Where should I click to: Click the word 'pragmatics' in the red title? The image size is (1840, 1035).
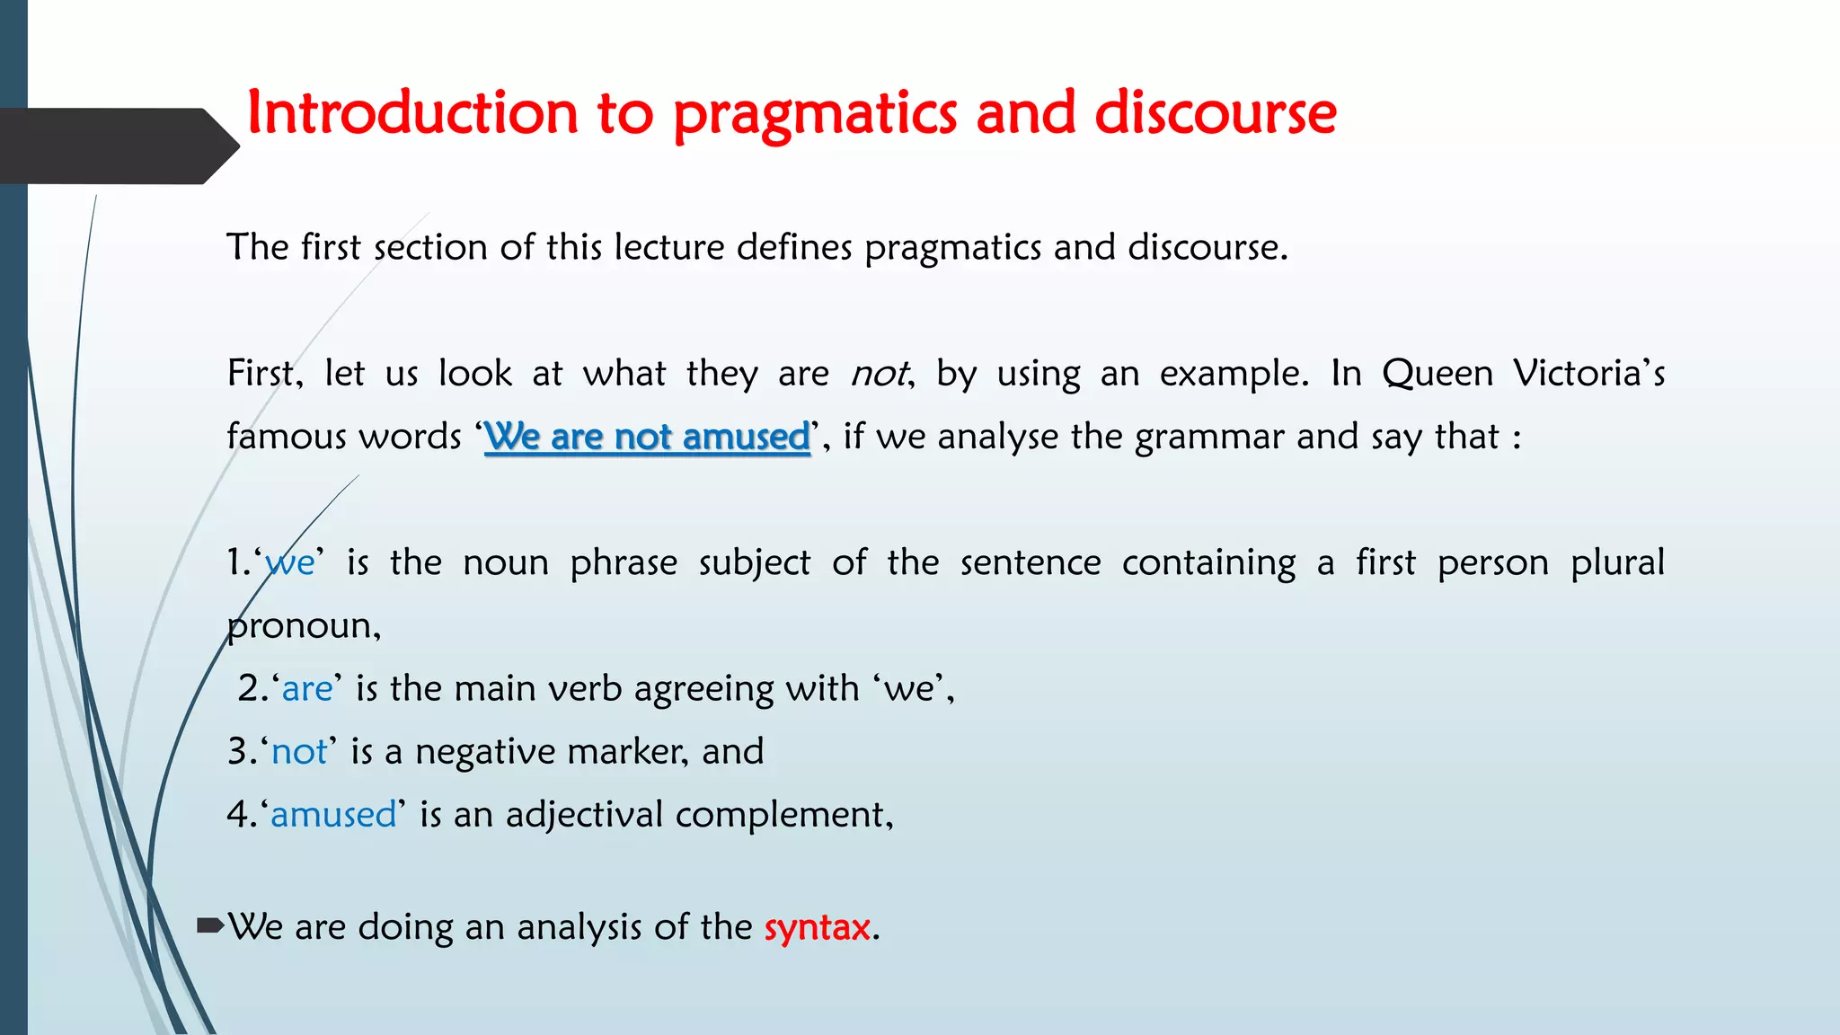[x=813, y=114]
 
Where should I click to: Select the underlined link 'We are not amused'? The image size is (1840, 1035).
[x=647, y=437]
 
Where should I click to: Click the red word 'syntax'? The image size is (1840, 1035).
[x=818, y=927]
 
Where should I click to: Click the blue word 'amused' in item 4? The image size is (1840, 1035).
[x=333, y=815]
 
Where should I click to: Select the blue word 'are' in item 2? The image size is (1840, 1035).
[x=307, y=689]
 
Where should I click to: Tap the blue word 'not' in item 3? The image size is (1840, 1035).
[x=299, y=752]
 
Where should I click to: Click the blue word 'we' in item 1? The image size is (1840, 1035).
[x=290, y=563]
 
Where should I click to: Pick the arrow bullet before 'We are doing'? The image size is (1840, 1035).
[x=209, y=925]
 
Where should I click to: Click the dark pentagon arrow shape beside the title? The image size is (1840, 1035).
[x=117, y=146]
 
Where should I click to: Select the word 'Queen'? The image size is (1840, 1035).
[x=1437, y=374]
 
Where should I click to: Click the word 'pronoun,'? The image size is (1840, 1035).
[x=304, y=626]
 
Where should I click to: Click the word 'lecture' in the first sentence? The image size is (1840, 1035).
[x=668, y=247]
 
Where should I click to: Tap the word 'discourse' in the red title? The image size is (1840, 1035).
[x=1215, y=114]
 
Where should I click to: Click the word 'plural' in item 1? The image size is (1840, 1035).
[x=1616, y=563]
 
